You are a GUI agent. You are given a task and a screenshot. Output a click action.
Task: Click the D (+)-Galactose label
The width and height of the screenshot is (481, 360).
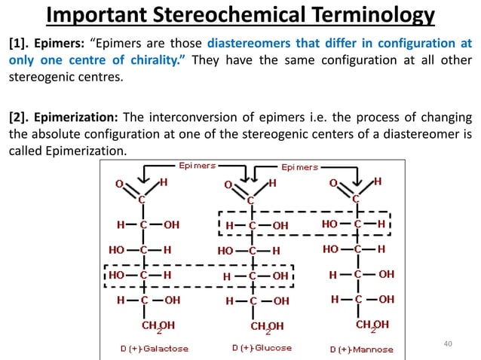tap(155, 349)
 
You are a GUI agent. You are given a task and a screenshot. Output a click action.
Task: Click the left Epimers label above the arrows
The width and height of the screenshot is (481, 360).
tap(197, 165)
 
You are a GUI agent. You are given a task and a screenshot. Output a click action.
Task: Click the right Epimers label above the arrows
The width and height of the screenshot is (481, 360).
tap(300, 166)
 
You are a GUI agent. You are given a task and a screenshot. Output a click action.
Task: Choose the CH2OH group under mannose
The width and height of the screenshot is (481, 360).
tap(372, 325)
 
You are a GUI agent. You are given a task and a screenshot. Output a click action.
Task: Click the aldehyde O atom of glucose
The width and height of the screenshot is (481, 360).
tap(228, 184)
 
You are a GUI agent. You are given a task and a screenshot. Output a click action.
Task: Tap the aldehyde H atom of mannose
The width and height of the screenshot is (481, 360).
tap(377, 182)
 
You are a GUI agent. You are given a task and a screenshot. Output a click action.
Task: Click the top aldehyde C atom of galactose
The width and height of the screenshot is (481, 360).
tap(141, 200)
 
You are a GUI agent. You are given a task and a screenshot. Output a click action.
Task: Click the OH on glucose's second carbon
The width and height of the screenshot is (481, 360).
tap(279, 225)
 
